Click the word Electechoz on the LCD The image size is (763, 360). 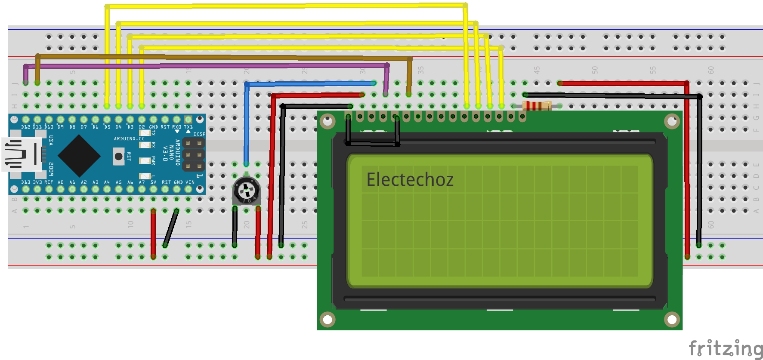click(x=410, y=180)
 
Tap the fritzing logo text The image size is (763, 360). click(x=725, y=348)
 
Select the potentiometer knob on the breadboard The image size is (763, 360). click(x=246, y=189)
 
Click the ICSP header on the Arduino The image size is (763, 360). click(x=194, y=154)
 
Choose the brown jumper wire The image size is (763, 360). click(x=224, y=57)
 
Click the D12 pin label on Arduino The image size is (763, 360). click(x=26, y=127)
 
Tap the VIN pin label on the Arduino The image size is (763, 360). click(x=190, y=182)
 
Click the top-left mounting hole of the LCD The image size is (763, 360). click(x=327, y=121)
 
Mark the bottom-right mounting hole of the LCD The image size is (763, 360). click(x=672, y=320)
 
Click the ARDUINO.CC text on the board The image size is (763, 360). click(x=129, y=138)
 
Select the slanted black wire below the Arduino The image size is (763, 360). click(x=171, y=228)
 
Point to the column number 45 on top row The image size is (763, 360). click(x=537, y=70)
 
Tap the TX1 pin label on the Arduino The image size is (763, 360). click(x=188, y=127)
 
